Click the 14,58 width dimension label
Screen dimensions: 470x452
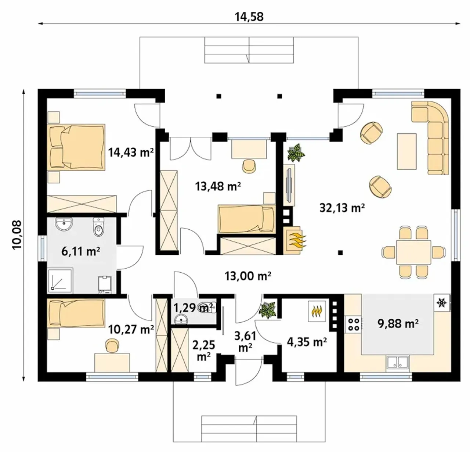[x=249, y=17]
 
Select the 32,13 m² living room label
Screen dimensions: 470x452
[x=342, y=208]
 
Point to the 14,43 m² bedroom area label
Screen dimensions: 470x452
[x=131, y=152]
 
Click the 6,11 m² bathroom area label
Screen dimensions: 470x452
[x=81, y=251]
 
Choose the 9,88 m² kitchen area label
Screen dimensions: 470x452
[x=398, y=324]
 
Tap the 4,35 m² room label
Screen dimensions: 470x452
[x=307, y=342]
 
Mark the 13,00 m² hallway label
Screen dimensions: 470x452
[x=248, y=276]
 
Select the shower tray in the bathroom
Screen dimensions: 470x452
[x=60, y=280]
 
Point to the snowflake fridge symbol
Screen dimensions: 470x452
[x=442, y=302]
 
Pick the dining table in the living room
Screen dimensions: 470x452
[x=413, y=252]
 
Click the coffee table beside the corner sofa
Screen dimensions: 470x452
[x=407, y=151]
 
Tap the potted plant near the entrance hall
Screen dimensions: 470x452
[x=268, y=311]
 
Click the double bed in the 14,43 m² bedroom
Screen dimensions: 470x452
[x=76, y=147]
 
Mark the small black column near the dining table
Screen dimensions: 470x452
[x=340, y=253]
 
